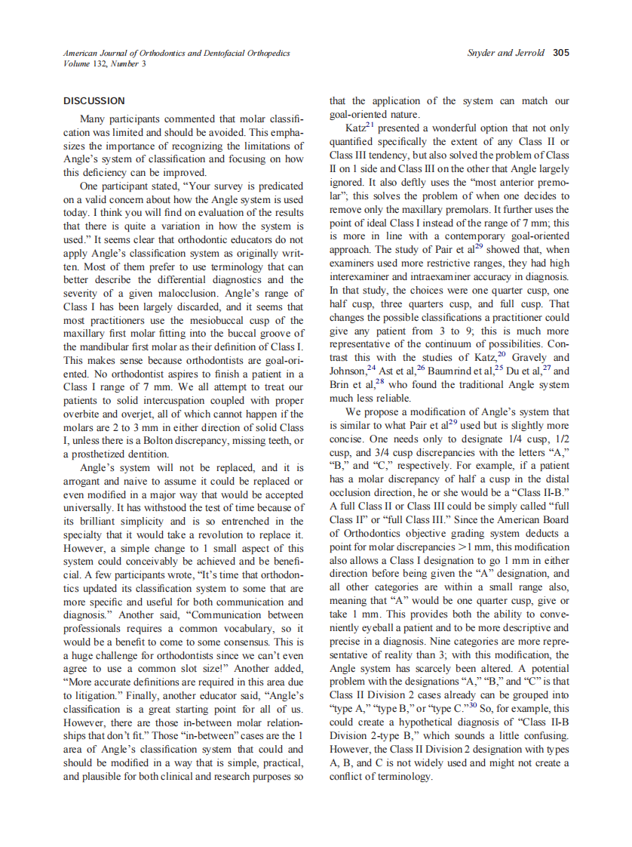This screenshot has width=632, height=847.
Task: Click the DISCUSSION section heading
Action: point(94,100)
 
